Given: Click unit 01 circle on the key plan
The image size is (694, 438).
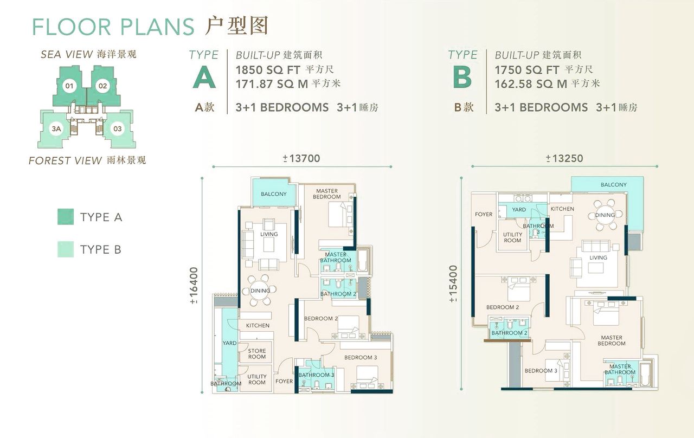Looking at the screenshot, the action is (x=69, y=86).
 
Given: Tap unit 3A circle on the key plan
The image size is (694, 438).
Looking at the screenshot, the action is (x=56, y=128).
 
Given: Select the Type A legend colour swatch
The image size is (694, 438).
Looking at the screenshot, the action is (x=66, y=216).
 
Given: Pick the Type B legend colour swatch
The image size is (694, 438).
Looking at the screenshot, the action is (x=66, y=249).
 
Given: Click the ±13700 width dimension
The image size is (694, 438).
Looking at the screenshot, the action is (x=301, y=159).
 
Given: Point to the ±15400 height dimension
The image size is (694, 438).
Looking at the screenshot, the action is (x=453, y=284).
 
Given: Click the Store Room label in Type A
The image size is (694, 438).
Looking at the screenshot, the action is (x=257, y=354).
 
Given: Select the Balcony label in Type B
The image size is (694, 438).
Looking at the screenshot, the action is (x=613, y=185).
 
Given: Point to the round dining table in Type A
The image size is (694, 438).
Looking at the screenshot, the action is (x=260, y=291).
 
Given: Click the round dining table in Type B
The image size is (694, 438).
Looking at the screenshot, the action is (x=605, y=215).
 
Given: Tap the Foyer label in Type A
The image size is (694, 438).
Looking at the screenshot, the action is (x=284, y=381).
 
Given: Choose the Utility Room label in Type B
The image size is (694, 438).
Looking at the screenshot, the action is (x=512, y=237).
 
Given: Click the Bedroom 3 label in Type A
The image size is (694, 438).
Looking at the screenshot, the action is (x=361, y=357).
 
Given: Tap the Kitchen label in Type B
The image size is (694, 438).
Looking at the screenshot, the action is (x=562, y=209).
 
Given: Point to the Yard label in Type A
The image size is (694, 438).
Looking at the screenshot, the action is (x=229, y=343).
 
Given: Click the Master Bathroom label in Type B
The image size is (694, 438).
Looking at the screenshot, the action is (x=620, y=369).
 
